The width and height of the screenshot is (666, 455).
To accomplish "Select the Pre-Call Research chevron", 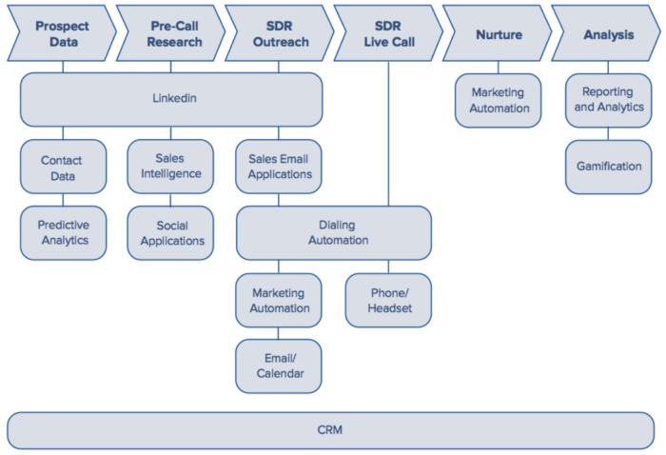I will [x=172, y=34].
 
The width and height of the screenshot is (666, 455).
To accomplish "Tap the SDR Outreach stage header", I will [x=279, y=34].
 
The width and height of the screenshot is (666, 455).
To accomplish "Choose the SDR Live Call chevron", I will [x=388, y=34].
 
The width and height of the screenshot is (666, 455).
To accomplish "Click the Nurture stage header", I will [x=499, y=34].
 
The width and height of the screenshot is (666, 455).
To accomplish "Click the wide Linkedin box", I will [x=171, y=99].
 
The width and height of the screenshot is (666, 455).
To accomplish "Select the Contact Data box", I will [x=63, y=168].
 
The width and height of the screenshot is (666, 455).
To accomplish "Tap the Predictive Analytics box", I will [x=63, y=232].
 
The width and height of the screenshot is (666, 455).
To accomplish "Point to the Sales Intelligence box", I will [x=171, y=167].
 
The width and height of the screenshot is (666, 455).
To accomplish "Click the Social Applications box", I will [x=171, y=232].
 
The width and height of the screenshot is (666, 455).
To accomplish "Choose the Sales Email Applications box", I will [x=279, y=167].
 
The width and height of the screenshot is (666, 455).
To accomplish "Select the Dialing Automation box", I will [x=333, y=233].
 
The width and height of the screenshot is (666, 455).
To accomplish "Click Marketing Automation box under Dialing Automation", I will [x=279, y=300].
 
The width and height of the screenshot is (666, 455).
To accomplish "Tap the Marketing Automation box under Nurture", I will [x=499, y=100].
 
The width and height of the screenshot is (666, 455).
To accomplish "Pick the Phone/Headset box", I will [x=387, y=300].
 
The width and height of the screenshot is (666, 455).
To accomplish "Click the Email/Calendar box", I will [x=279, y=366].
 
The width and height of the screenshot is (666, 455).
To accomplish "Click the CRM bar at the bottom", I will [x=329, y=430].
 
